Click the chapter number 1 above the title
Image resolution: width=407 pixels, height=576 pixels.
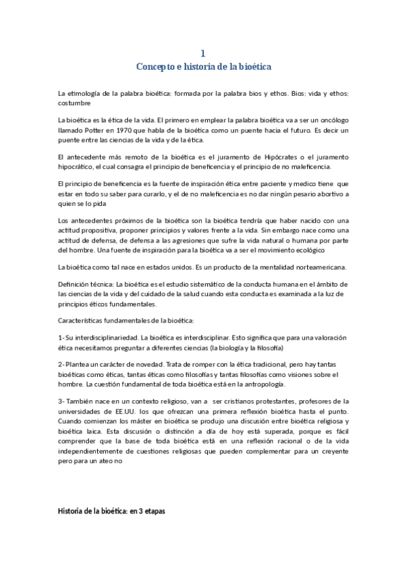click(x=203, y=52)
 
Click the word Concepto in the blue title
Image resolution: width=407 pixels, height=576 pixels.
click(x=156, y=66)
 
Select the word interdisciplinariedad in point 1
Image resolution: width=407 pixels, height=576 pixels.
click(x=107, y=338)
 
